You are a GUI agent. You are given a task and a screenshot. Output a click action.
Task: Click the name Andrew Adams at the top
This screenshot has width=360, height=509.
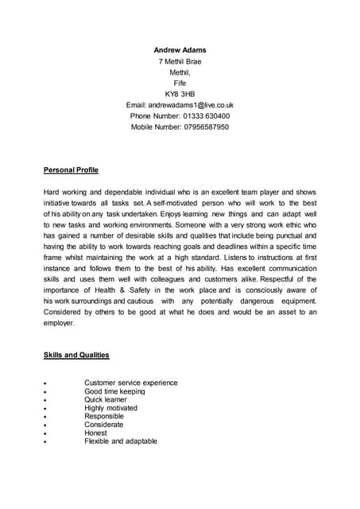pos(180,49)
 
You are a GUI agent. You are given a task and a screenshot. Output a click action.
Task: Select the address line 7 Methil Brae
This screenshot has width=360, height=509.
pos(180,60)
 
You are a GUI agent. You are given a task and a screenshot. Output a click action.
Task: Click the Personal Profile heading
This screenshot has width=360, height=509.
pos(71,170)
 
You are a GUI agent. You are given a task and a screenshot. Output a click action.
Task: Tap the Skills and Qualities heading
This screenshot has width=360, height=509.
pos(76,355)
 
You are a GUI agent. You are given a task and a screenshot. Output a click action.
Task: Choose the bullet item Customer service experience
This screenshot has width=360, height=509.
pos(130,383)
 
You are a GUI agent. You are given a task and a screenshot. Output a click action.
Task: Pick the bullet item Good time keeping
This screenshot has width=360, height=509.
pos(114,391)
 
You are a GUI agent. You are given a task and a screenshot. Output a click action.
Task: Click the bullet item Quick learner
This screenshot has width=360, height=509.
pos(106,400)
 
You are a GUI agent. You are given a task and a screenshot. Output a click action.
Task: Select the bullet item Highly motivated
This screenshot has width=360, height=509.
pos(110,408)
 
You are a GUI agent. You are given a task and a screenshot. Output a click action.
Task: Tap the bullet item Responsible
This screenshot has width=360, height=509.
pos(104,417)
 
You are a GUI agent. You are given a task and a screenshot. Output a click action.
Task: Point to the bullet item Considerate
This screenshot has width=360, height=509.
pos(104,425)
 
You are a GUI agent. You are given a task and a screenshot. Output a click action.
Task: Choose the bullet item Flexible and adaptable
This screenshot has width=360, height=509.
pos(121,441)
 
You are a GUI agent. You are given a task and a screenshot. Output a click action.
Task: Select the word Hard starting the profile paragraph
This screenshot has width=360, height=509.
pos(52,192)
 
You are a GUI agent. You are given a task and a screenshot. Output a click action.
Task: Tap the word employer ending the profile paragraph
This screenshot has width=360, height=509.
pos(59,324)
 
